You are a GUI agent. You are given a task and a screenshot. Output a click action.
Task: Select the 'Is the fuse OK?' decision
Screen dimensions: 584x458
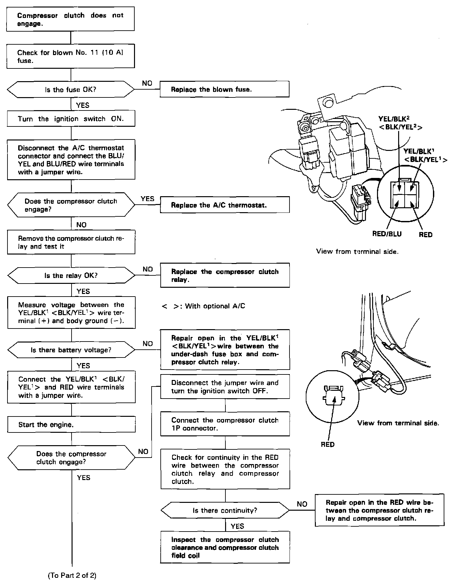tap(71, 90)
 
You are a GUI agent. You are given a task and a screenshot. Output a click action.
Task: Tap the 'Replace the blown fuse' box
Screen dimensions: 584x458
tap(224, 89)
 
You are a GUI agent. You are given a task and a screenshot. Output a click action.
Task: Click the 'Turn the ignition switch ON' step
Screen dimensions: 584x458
tap(71, 119)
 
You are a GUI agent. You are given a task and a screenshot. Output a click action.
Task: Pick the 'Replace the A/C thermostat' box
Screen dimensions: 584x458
tap(225, 205)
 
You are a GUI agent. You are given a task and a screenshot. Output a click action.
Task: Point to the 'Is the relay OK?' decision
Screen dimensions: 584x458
tap(71, 276)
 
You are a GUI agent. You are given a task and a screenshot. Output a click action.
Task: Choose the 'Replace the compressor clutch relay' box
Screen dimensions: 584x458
tap(225, 276)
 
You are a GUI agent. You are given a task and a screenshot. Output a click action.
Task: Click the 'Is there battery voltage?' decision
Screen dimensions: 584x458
tap(71, 350)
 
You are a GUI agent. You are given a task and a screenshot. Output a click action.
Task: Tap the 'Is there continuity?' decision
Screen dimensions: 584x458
tap(225, 510)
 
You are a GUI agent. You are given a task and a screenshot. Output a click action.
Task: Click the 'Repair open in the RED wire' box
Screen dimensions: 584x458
tap(379, 510)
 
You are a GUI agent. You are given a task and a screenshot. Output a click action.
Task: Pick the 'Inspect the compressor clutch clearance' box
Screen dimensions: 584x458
tap(225, 547)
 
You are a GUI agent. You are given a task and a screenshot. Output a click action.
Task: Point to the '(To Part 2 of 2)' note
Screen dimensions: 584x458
tap(72, 576)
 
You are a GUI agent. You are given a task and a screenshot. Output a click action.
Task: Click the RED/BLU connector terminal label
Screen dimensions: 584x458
tap(387, 234)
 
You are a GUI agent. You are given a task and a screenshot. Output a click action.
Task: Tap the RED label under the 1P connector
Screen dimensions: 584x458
tap(327, 445)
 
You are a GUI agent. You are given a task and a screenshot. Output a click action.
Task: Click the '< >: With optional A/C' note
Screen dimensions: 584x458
tap(203, 306)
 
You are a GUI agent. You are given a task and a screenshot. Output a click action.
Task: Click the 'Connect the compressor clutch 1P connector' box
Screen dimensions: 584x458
tap(225, 424)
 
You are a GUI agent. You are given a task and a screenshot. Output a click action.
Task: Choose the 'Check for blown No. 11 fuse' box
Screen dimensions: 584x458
tap(71, 56)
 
